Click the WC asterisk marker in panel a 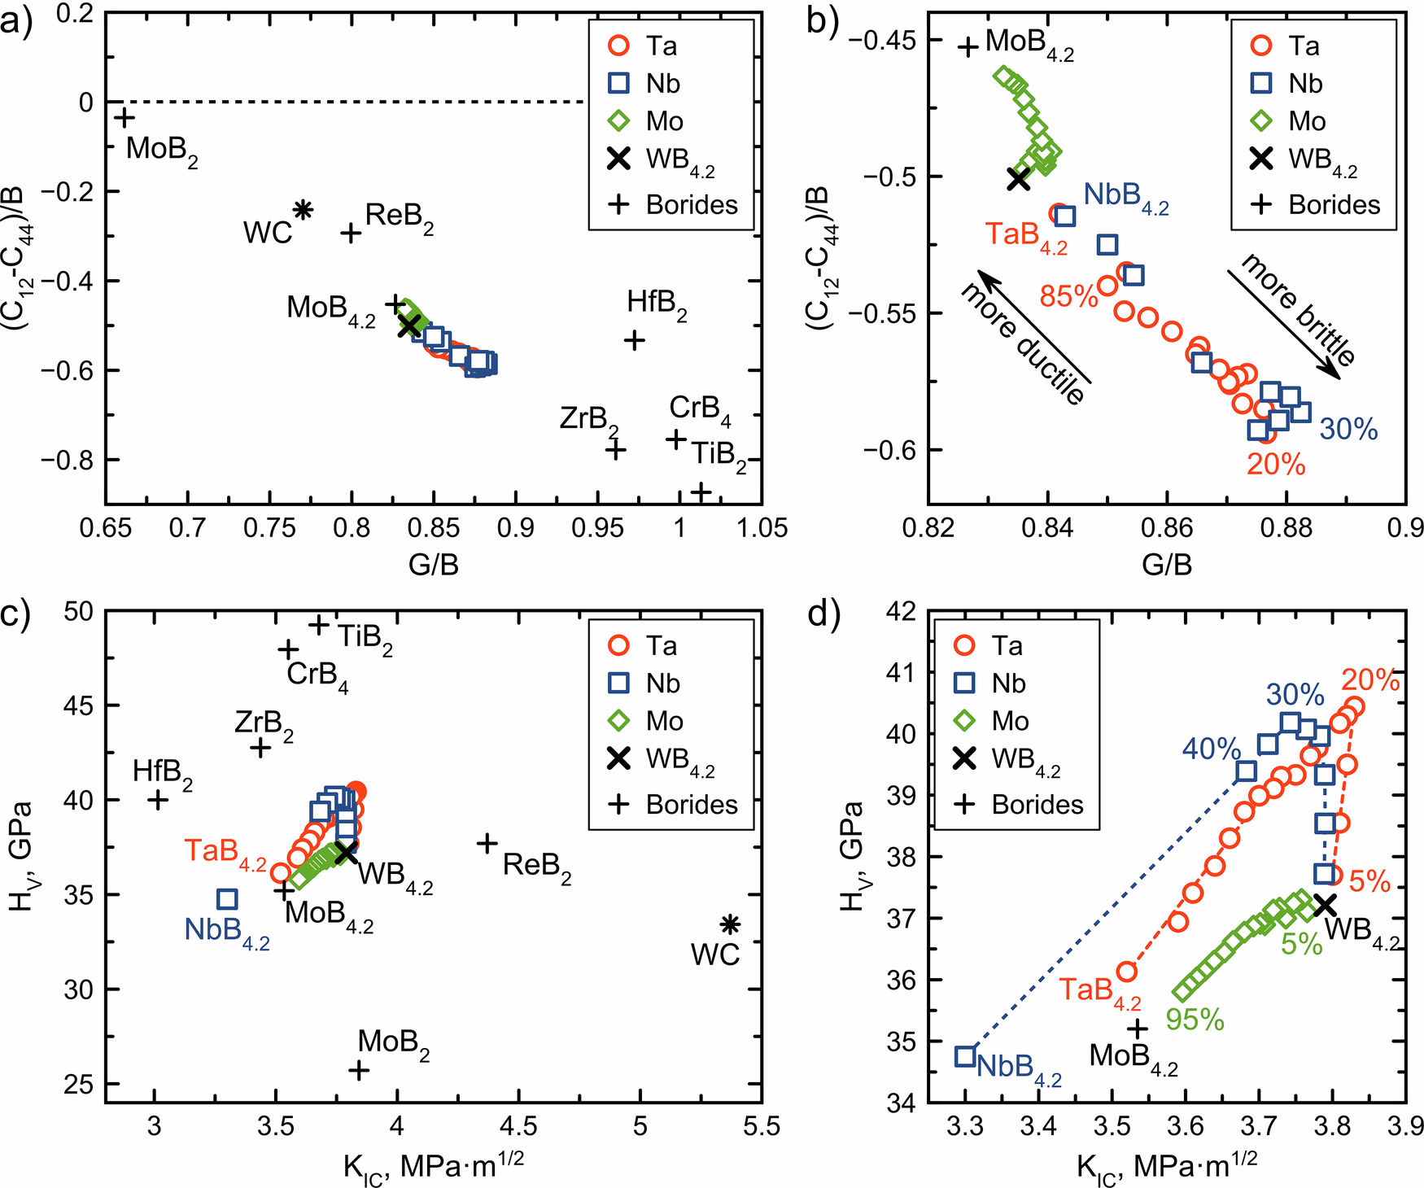[x=303, y=210]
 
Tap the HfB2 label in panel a [x=657, y=304]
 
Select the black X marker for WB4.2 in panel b [x=1018, y=180]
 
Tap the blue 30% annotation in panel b [x=1348, y=429]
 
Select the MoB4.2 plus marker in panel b [x=968, y=46]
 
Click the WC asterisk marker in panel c [x=730, y=924]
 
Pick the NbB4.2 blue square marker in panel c [x=227, y=899]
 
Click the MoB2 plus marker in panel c [x=359, y=1070]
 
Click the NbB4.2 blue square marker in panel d [x=965, y=1056]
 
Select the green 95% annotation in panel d [x=1195, y=1020]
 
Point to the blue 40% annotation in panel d [x=1211, y=749]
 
